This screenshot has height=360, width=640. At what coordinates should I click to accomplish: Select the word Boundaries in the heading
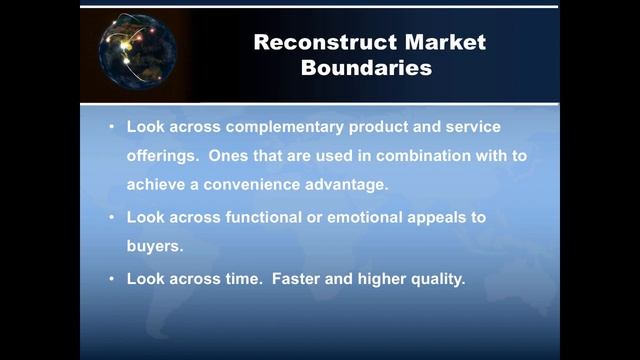[370, 69]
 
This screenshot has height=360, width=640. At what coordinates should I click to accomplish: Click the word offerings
[162, 157]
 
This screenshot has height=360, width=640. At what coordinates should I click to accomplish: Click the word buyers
[155, 244]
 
